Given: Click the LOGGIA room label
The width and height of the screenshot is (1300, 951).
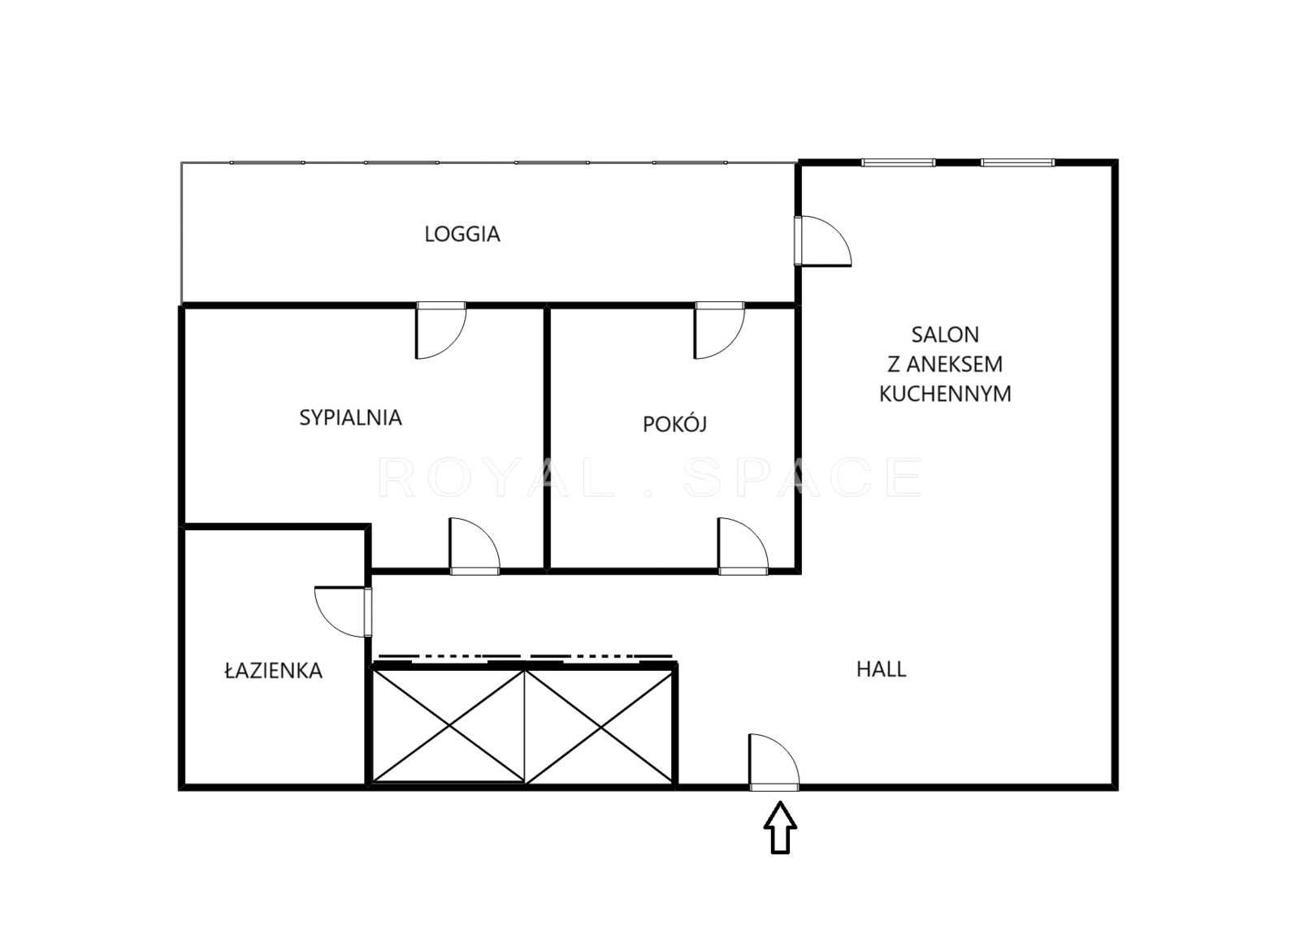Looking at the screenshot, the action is point(462,234).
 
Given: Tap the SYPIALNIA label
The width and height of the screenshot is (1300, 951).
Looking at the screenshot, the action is point(350,417).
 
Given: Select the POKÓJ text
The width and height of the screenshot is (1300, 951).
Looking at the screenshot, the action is point(674,424).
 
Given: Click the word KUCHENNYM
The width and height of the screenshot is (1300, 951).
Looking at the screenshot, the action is point(946,394).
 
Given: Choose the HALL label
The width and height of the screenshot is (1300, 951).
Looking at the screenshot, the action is point(881,669).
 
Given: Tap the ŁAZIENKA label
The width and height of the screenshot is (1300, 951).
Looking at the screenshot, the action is point(273,671).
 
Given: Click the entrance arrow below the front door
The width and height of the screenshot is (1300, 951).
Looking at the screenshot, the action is point(780,828).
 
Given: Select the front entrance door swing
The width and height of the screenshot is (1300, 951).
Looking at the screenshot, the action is point(774,761).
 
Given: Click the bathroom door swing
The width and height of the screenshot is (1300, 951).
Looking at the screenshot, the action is point(342,612).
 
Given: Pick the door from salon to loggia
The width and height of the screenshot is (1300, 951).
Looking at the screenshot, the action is point(823,241).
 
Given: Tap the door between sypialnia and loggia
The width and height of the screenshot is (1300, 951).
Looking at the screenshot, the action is point(441,331).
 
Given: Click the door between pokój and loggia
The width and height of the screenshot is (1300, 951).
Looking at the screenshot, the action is point(720,331).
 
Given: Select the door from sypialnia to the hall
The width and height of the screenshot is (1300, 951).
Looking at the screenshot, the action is point(474,546).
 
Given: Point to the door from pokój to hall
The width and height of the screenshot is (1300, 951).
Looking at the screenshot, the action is point(743,546).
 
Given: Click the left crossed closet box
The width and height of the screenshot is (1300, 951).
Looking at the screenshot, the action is point(448,727).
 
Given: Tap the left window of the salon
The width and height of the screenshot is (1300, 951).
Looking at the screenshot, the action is point(899,162).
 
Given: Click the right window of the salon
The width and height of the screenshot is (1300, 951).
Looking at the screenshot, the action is point(1018,162).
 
